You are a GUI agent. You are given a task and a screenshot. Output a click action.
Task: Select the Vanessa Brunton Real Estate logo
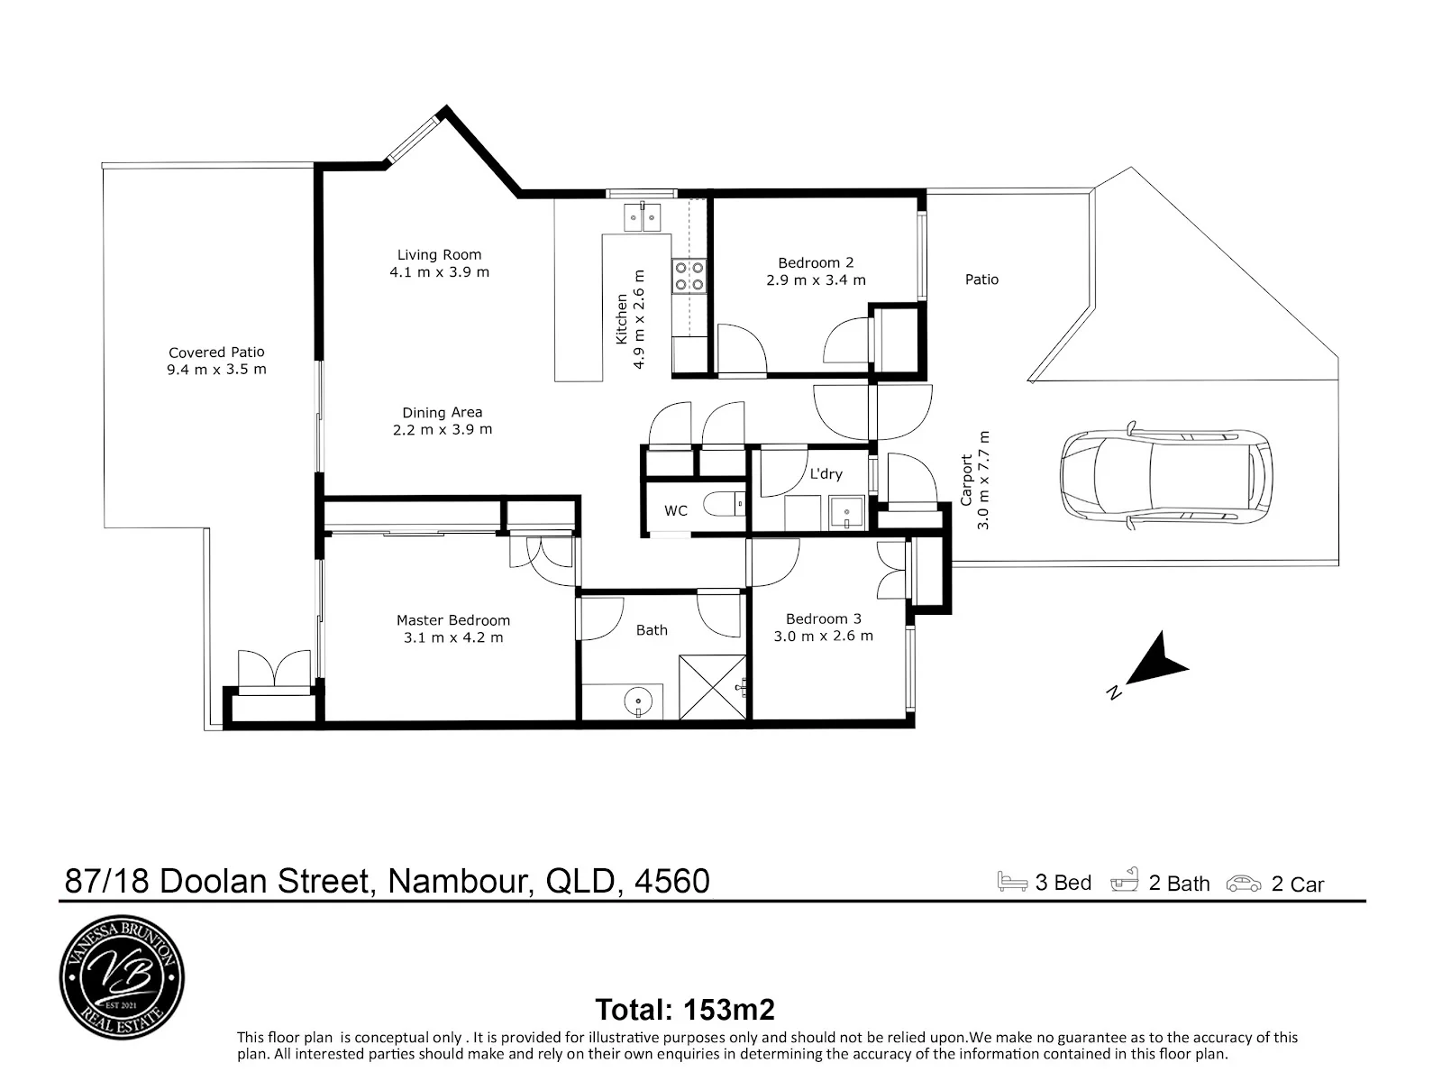123,977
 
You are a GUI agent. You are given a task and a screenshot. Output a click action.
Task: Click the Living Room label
439,255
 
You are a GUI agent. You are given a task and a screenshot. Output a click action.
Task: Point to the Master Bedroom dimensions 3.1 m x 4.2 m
453,637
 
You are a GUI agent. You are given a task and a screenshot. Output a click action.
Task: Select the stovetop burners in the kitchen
689,276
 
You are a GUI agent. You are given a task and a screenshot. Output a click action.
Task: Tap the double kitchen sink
642,217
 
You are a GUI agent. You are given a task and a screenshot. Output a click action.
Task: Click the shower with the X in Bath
713,687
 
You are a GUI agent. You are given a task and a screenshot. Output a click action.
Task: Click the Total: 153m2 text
685,1010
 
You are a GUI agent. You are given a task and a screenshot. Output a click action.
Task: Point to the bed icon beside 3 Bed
1012,881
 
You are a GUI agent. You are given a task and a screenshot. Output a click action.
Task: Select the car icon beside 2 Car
1244,884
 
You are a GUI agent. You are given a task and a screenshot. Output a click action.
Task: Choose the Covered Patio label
217,353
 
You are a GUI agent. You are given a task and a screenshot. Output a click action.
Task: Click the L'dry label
826,474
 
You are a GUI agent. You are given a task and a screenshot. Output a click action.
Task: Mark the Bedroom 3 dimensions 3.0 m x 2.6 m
823,637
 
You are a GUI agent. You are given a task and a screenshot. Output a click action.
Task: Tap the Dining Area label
443,413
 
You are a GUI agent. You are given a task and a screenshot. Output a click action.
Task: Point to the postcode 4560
672,881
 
